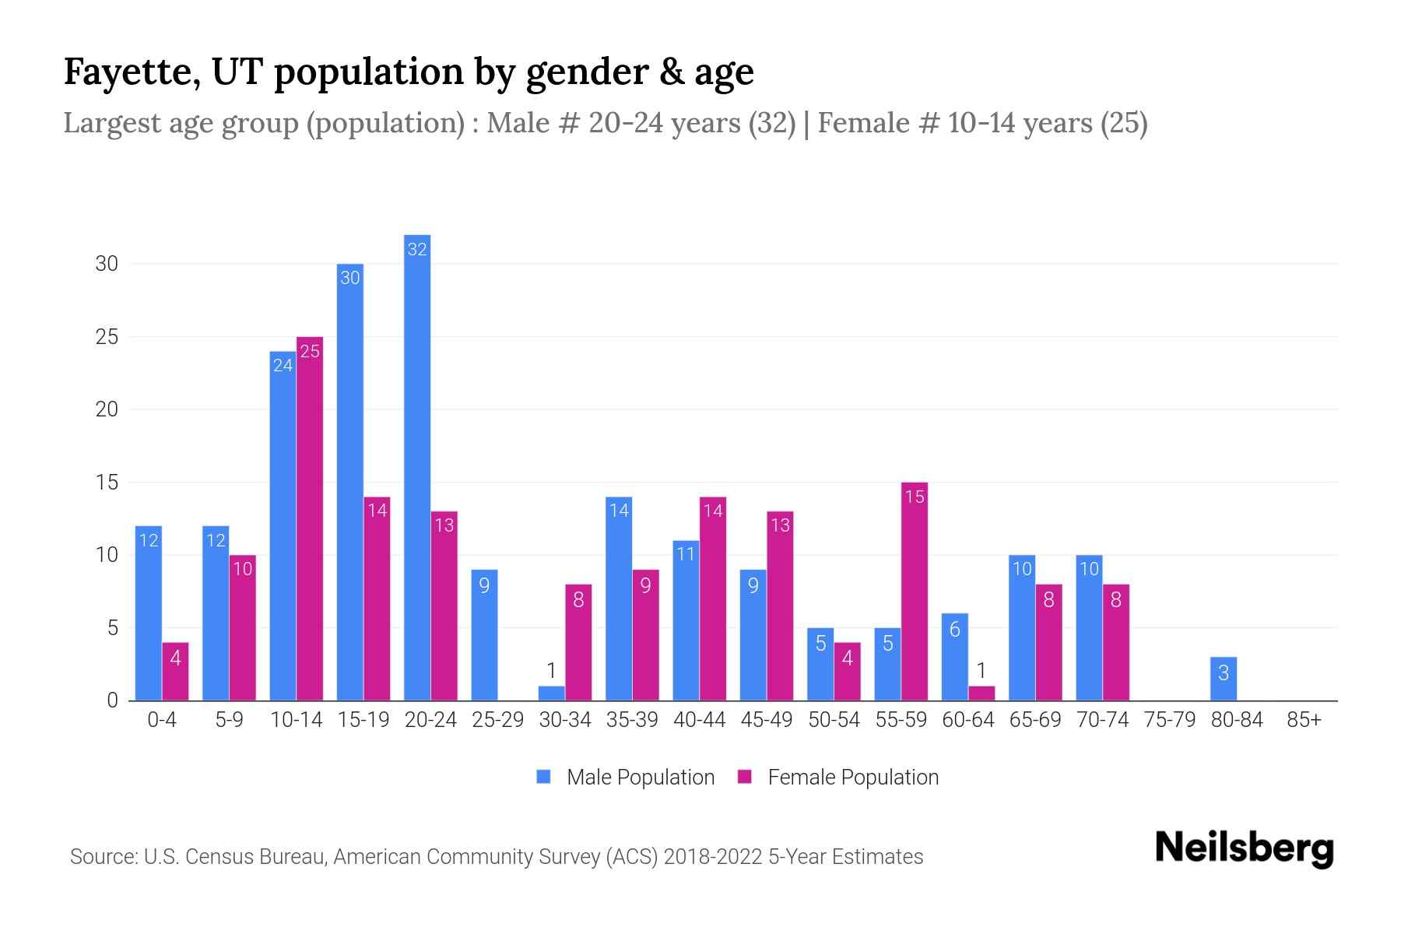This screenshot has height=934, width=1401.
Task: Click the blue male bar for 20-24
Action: (x=417, y=467)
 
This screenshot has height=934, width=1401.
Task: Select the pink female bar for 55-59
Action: (x=915, y=592)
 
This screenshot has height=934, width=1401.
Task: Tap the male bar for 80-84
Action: (x=1224, y=679)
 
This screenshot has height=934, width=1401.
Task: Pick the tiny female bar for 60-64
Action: (x=981, y=693)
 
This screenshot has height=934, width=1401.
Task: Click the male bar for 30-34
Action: (x=551, y=693)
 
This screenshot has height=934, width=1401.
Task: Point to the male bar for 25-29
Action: (x=484, y=635)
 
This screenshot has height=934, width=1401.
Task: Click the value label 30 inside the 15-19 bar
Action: (x=350, y=278)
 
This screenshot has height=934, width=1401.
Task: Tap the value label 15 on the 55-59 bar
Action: (x=915, y=497)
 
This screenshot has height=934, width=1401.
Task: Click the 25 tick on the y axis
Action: (x=107, y=337)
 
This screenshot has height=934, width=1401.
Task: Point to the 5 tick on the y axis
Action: (x=112, y=627)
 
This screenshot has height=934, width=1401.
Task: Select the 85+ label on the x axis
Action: (x=1304, y=720)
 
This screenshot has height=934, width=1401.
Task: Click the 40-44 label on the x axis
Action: (x=699, y=720)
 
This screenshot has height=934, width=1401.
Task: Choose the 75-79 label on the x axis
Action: (x=1169, y=720)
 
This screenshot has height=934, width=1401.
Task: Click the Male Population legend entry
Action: (x=627, y=777)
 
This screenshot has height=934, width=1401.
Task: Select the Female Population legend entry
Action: (x=839, y=777)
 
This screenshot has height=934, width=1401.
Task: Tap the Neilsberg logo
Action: (x=1244, y=848)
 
